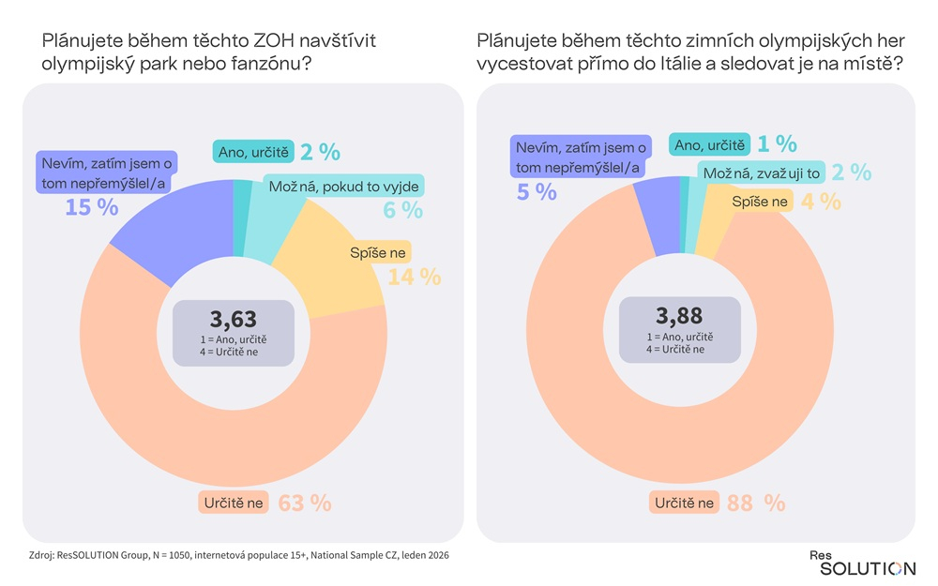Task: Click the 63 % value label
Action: point(305,503)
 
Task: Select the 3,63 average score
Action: point(233,317)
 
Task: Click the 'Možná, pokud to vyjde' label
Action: point(343,185)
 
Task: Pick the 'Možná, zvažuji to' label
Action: point(760,173)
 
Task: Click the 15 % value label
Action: point(91,206)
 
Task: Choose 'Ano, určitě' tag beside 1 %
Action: point(709,144)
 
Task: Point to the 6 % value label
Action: point(402,210)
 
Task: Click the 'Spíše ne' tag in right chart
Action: point(760,201)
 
